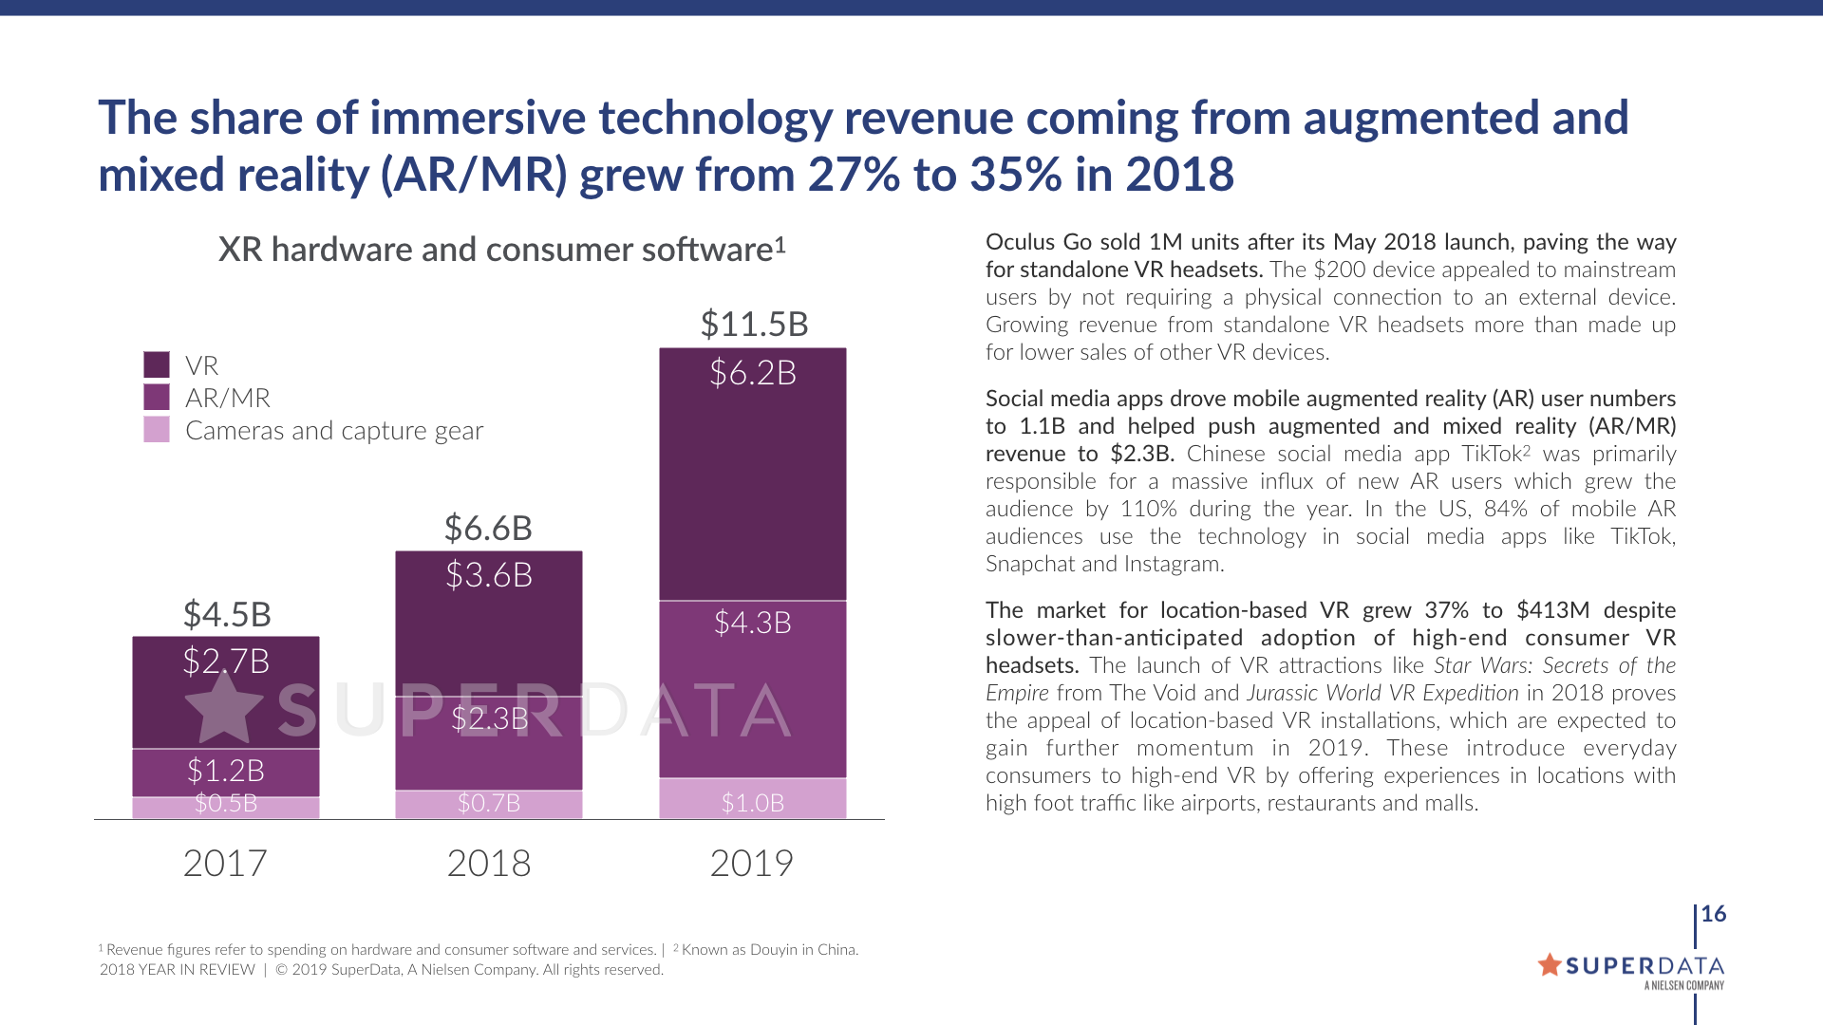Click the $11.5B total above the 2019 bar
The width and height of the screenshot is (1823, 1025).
coord(754,325)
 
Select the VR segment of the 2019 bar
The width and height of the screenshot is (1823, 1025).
coord(752,475)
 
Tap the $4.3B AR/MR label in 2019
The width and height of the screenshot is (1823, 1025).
coord(752,624)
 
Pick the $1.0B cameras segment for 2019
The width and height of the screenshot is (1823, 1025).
coord(752,800)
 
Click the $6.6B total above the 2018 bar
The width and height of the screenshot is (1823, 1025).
coord(488,529)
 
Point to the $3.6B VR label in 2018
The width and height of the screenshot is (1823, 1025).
coord(489,575)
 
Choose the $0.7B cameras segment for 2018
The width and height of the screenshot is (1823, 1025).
coord(488,804)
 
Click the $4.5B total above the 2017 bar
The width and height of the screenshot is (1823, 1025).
coord(227,615)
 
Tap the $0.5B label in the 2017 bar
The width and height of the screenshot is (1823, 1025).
coord(226,804)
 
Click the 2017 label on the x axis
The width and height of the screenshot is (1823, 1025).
coord(225,864)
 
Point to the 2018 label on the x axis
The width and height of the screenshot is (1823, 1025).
coord(488,864)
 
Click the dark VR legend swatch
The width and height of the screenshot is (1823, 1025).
coord(157,364)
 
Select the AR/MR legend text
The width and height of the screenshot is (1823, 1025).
coord(228,399)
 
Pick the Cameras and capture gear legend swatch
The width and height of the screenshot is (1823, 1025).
coord(157,430)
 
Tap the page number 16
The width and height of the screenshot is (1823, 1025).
coord(1714,914)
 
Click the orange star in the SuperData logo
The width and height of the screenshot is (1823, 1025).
coord(1550,965)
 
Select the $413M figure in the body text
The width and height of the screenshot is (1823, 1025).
coord(1553,610)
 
